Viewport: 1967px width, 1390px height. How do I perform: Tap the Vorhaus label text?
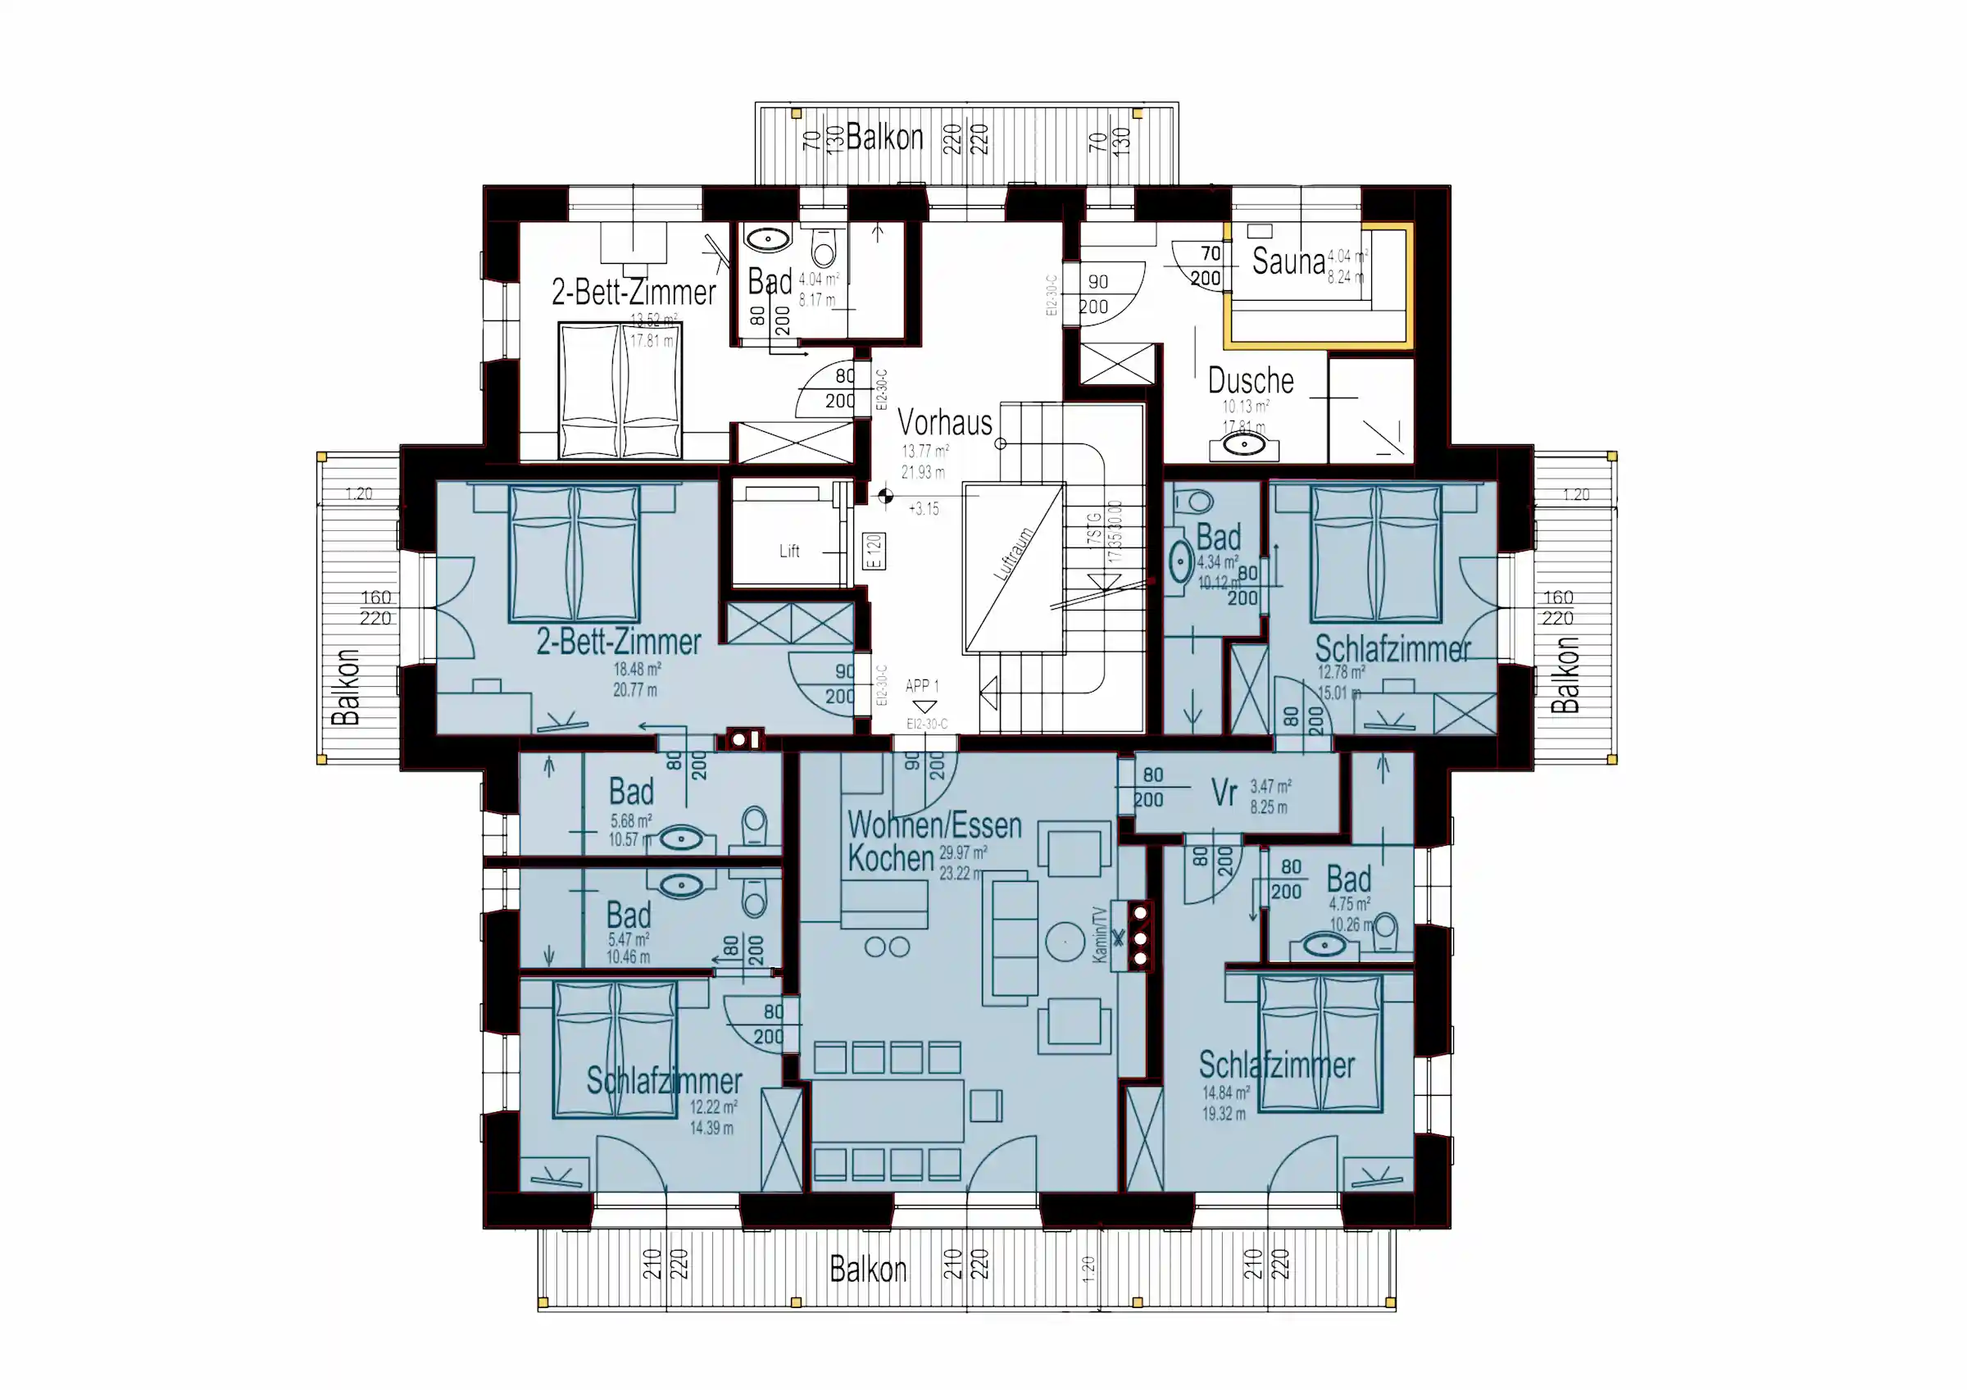tap(944, 422)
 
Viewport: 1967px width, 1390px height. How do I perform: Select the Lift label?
tap(789, 551)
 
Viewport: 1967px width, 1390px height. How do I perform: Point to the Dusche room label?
tap(1250, 380)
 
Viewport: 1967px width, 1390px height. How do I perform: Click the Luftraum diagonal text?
tap(1013, 554)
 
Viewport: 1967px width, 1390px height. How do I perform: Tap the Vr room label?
tap(1224, 793)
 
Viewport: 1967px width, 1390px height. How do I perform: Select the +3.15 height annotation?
tap(924, 509)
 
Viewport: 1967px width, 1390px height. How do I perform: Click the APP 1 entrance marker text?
tap(922, 686)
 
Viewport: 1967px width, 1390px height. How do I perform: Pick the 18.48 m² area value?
tap(637, 670)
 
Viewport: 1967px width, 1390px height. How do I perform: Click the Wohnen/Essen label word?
tap(934, 825)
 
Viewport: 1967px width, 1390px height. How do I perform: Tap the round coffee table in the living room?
tap(1065, 941)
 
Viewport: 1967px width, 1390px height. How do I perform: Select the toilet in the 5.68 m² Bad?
tap(754, 827)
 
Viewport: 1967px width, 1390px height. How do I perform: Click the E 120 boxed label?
tap(874, 552)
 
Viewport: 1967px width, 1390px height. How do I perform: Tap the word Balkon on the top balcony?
tap(884, 137)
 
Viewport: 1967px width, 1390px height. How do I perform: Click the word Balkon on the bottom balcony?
tap(867, 1270)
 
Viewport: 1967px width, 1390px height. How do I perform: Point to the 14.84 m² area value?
tap(1225, 1092)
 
